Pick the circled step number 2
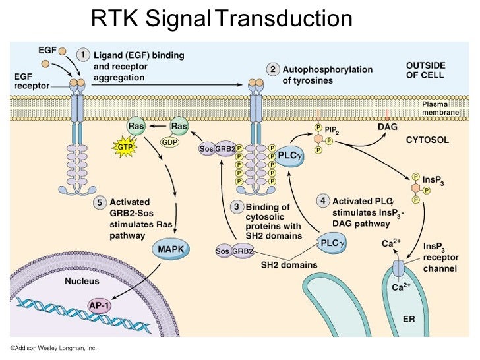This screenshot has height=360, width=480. [x=272, y=69]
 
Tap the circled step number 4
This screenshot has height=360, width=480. [x=322, y=200]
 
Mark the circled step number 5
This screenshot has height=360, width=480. [x=100, y=202]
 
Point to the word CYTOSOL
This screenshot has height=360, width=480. [x=427, y=140]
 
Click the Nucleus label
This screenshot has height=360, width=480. [x=82, y=281]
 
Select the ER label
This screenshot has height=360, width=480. [x=409, y=319]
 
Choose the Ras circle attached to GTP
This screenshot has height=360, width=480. [x=136, y=126]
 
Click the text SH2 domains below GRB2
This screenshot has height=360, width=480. [x=289, y=265]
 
